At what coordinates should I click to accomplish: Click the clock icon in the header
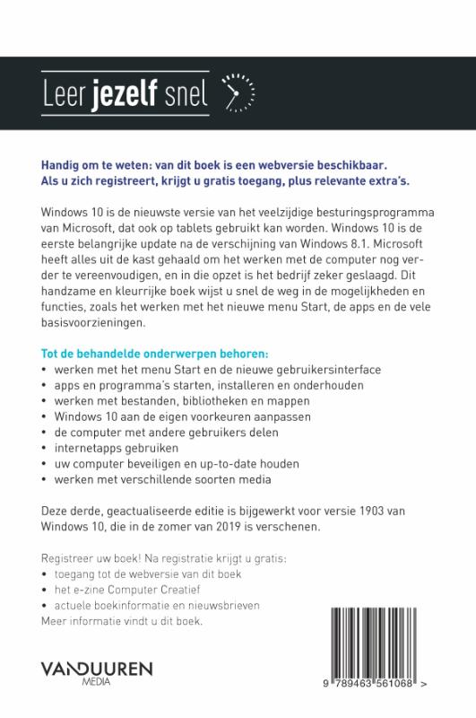click(x=237, y=91)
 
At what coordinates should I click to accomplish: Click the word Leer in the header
click(x=65, y=91)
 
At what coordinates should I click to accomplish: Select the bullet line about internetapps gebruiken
click(x=117, y=446)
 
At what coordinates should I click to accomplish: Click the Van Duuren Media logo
click(x=97, y=673)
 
